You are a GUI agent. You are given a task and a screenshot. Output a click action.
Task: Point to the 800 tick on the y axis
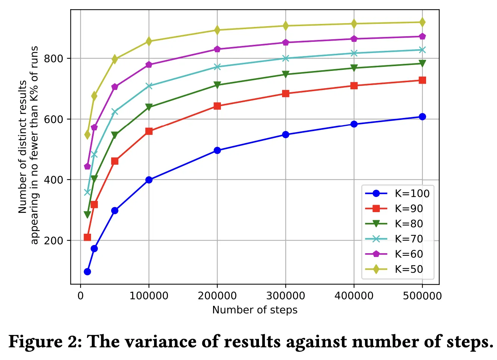[54, 59]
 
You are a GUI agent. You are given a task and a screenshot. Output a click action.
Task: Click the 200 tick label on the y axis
[54, 240]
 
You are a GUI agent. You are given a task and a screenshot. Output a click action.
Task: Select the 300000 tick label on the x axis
[285, 296]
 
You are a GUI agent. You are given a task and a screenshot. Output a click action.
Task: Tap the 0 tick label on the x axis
[81, 296]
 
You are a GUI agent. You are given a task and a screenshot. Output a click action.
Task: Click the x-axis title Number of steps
[255, 310]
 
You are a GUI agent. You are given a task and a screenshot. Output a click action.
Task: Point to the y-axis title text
[28, 146]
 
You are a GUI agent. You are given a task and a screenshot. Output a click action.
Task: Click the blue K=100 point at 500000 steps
[422, 117]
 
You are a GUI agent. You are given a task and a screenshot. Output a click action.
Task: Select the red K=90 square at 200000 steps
[217, 106]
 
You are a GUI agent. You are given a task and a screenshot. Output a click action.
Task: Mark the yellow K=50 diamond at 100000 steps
[149, 41]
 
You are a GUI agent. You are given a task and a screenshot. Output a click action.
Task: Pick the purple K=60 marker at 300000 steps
[285, 43]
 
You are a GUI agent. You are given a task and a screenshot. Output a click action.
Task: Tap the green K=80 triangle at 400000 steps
[354, 68]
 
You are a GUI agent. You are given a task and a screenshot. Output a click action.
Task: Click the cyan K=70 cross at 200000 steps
[217, 67]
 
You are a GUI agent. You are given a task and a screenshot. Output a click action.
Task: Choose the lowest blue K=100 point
[87, 271]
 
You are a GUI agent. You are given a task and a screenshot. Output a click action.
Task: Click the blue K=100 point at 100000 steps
[149, 180]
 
